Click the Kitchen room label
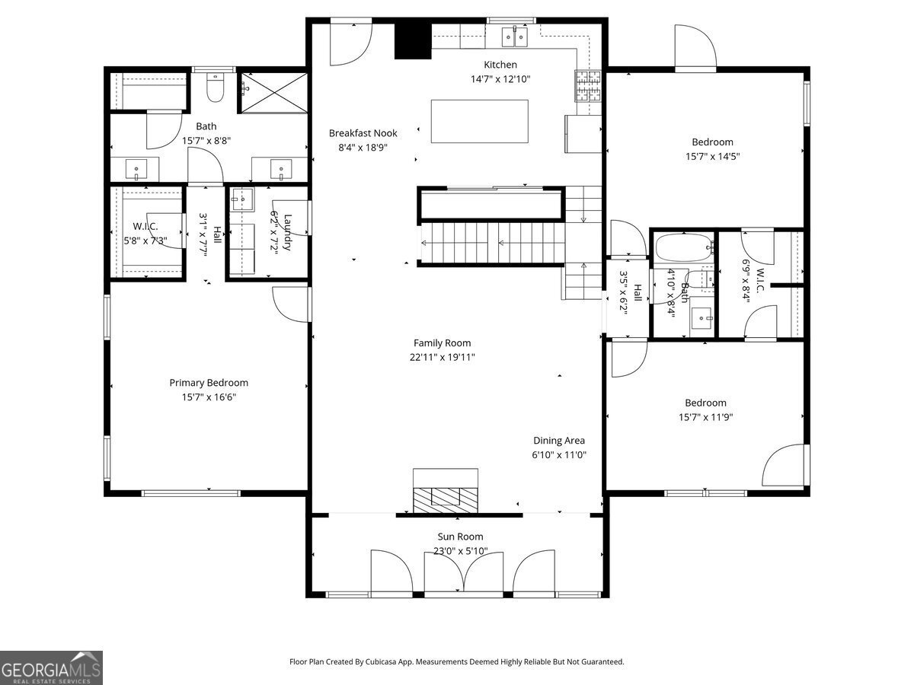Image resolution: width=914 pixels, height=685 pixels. [x=500, y=65]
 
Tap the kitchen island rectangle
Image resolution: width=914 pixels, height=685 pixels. [x=479, y=121]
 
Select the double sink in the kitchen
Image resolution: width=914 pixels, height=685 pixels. [x=515, y=37]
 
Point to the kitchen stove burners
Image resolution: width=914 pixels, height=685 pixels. [x=588, y=86]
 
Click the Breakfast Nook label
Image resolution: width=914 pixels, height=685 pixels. [x=363, y=133]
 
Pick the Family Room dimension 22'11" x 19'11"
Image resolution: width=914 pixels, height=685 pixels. [x=443, y=357]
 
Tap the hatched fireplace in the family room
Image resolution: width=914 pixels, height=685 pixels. [x=445, y=499]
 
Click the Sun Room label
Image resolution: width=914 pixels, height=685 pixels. [x=460, y=537]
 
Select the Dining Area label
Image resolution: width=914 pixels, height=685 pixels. [x=559, y=441]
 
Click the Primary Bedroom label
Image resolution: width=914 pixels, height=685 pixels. [x=209, y=383]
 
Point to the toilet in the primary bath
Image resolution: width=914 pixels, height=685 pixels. [x=216, y=88]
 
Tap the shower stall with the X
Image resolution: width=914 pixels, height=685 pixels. [x=274, y=92]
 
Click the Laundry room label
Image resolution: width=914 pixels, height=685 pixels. [x=287, y=232]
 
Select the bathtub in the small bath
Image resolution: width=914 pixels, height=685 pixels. [x=684, y=248]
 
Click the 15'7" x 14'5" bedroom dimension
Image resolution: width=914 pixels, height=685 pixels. [x=712, y=156]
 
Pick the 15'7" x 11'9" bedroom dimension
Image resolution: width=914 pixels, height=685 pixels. [x=705, y=417]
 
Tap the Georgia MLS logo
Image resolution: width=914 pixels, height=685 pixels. [x=51, y=667]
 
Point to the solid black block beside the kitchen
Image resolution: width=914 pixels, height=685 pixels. [x=412, y=41]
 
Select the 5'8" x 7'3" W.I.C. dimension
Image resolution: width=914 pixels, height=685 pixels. [x=145, y=241]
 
